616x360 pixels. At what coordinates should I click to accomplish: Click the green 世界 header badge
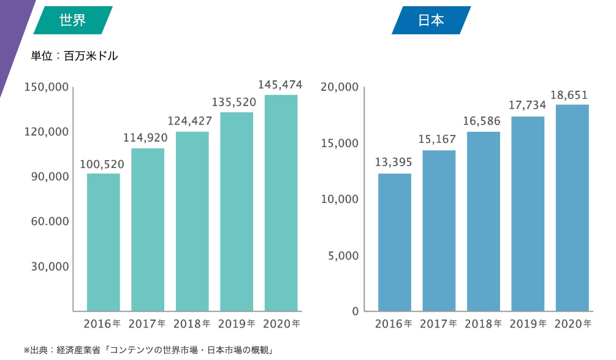point(72,20)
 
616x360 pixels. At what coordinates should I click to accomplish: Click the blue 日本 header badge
point(431,20)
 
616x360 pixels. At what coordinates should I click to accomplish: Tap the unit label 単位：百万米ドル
point(74,56)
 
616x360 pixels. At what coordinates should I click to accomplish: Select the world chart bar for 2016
point(103,242)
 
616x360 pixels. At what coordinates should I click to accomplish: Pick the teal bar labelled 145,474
point(281,202)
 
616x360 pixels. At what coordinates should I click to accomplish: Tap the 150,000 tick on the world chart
point(47,87)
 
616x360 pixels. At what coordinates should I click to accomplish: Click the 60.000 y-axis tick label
point(50,221)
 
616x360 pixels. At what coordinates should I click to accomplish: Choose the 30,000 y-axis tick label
point(50,267)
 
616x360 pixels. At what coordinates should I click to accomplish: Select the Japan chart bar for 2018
point(483,221)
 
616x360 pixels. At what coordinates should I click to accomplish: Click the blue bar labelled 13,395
point(395,242)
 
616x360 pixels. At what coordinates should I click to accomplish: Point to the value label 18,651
point(569,95)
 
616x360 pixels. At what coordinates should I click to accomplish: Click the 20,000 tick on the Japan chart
point(339,87)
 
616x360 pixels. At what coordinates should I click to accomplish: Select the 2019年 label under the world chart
point(237,324)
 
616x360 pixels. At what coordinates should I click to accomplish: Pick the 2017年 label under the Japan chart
point(438,324)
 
